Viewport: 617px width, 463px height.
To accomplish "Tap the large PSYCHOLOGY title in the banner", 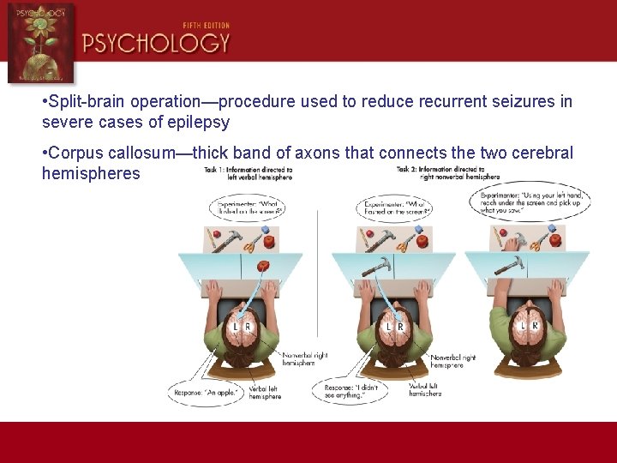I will pos(157,44).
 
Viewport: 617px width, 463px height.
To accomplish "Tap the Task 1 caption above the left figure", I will pos(249,173).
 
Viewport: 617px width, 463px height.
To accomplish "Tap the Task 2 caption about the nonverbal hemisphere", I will pos(441,173).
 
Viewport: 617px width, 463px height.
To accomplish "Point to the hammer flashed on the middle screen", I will pos(376,268).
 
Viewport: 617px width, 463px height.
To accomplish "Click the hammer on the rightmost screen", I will pos(509,266).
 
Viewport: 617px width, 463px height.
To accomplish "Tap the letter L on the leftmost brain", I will pos(235,326).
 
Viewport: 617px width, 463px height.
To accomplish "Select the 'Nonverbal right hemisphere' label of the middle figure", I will pos(452,360).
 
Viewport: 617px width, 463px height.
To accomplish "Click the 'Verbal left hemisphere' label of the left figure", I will pos(265,391).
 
